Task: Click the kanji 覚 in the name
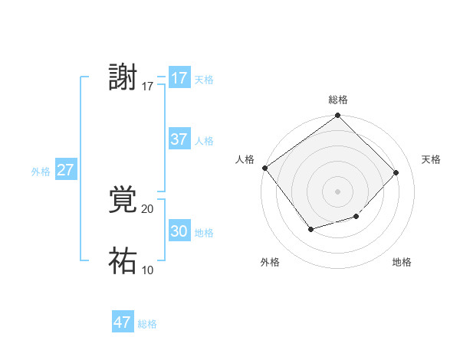[x=123, y=200]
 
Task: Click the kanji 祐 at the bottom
[x=123, y=261]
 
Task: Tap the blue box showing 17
[x=179, y=78]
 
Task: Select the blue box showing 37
[x=179, y=139]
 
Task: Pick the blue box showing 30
[x=179, y=231]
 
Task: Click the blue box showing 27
[x=65, y=170]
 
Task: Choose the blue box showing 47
[x=123, y=322]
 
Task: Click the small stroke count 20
[x=148, y=209]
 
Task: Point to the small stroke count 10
[x=148, y=270]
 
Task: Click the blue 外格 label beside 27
[x=41, y=172]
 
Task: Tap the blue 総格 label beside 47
[x=147, y=324]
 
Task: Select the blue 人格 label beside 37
[x=204, y=141]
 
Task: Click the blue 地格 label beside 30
[x=204, y=233]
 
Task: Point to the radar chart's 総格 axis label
[x=338, y=100]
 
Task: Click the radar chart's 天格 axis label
[x=431, y=159]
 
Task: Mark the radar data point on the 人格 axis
[x=265, y=168]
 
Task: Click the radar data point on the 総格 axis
[x=338, y=116]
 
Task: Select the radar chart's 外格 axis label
[x=270, y=262]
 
